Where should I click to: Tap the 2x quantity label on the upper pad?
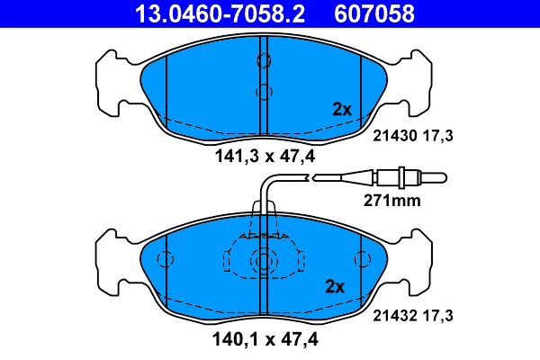(342, 109)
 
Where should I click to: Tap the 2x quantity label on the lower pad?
(335, 287)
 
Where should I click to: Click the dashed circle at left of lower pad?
(166, 259)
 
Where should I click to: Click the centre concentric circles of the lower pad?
(264, 261)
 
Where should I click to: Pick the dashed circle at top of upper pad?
(264, 60)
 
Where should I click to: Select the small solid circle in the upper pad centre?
(264, 91)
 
